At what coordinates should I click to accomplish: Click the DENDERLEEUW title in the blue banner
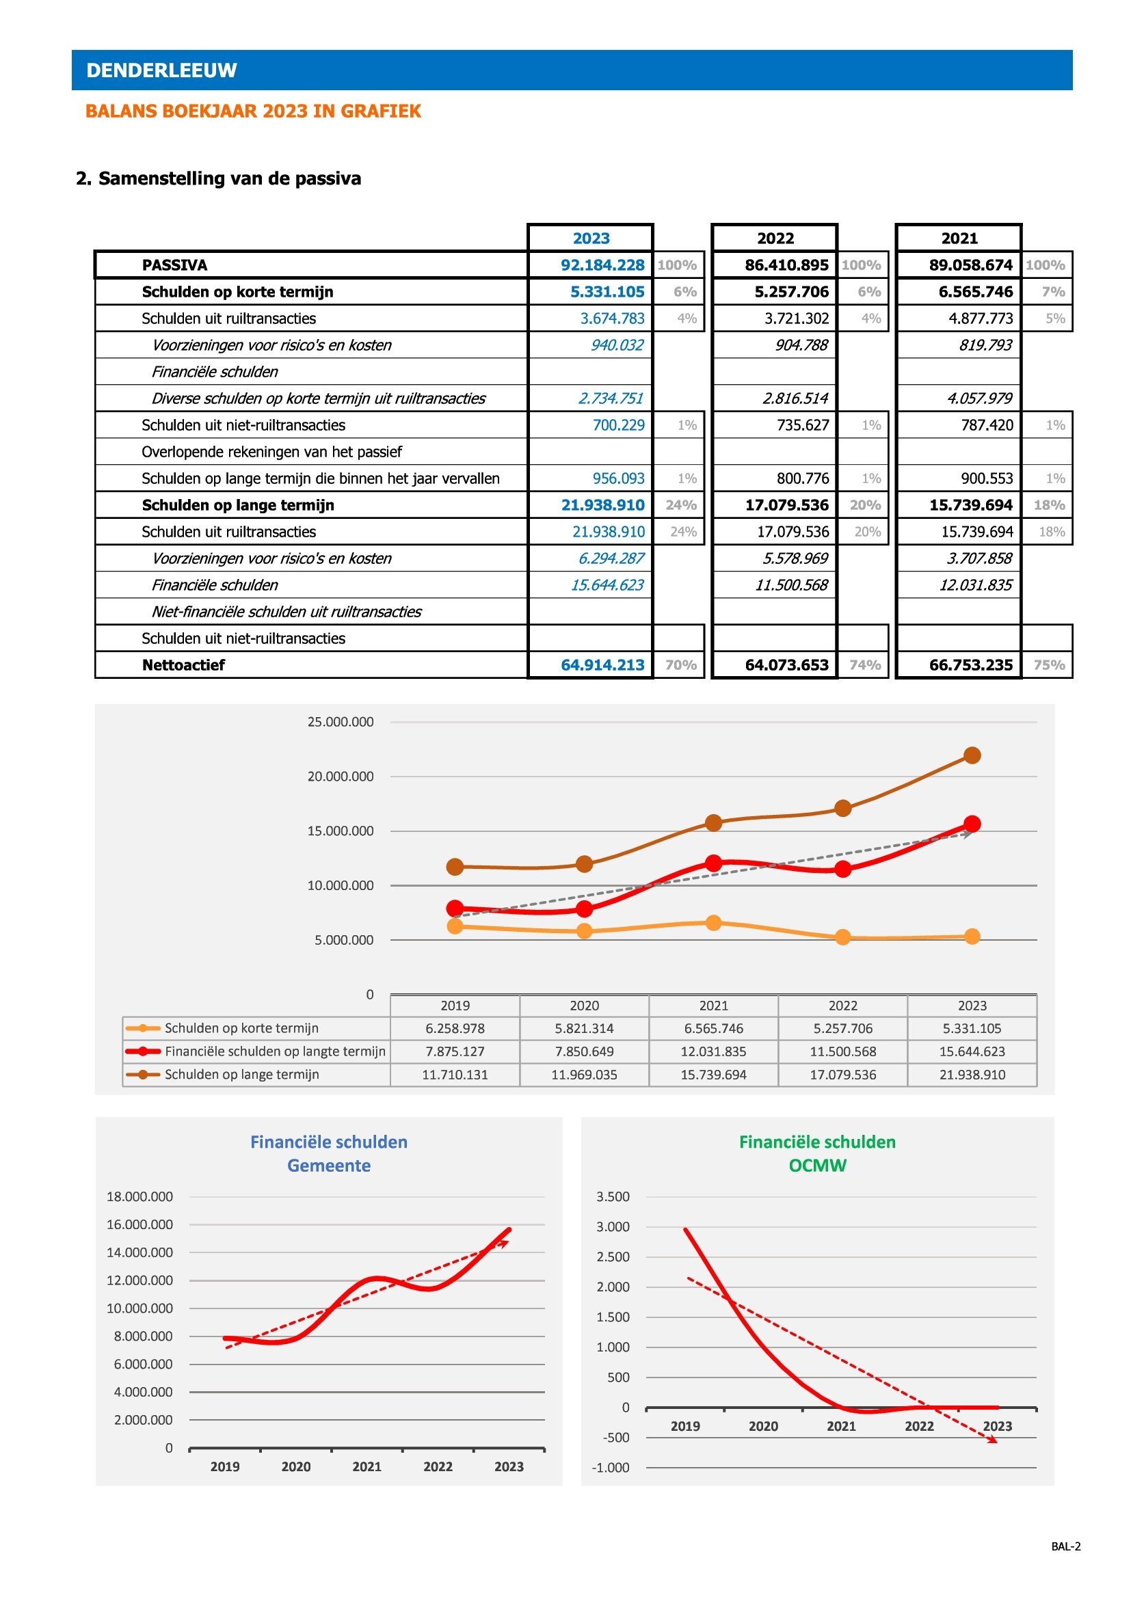161,70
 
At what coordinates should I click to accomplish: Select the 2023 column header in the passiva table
591,238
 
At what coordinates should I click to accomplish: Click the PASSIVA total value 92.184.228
602,265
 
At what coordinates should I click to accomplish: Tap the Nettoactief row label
183,665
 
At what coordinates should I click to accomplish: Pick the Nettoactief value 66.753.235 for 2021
971,665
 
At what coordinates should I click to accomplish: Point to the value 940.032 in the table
617,345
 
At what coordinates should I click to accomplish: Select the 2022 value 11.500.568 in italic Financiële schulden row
792,585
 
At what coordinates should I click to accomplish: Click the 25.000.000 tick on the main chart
341,721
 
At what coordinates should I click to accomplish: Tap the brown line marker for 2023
972,755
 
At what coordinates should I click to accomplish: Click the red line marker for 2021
714,863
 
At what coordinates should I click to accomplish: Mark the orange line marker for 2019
455,926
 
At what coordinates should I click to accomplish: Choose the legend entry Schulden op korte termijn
241,1028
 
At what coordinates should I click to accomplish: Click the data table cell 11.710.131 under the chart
455,1075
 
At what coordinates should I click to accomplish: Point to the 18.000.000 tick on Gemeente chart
139,1196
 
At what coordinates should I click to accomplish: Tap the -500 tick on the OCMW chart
613,1438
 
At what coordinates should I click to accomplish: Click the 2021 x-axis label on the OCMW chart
841,1426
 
